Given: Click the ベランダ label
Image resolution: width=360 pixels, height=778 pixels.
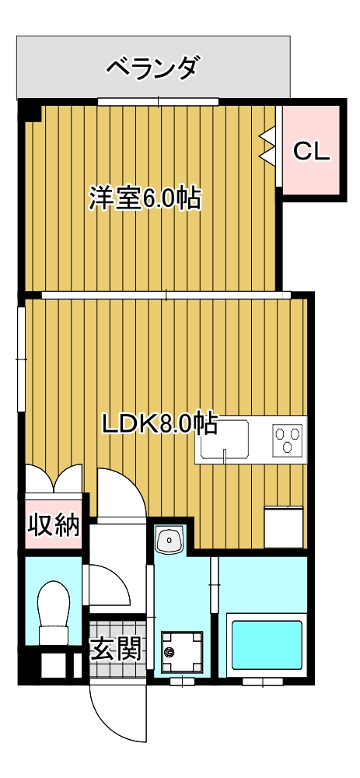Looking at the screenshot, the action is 155,68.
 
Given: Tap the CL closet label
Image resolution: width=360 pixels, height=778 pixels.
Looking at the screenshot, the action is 311,152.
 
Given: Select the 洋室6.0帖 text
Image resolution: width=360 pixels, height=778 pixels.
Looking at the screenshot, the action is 145,198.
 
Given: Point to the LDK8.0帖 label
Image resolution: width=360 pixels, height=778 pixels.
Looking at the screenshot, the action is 159,423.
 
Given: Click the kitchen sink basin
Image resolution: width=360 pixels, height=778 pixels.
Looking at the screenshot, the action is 224,439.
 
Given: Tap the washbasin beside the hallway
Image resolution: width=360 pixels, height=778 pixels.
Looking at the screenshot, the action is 170,539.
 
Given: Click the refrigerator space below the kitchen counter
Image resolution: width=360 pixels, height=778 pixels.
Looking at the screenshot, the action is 284,527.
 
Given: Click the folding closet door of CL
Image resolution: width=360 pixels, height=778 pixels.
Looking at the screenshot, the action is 268,144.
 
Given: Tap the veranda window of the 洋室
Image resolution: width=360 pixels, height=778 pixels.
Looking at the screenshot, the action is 158,102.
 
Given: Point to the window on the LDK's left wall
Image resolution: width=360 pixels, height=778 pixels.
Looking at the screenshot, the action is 21,359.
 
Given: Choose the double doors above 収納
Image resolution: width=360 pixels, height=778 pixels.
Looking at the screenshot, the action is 54,480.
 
